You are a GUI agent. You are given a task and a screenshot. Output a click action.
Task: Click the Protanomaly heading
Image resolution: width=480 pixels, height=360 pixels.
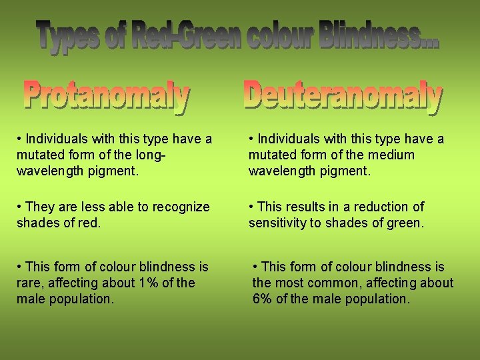107,97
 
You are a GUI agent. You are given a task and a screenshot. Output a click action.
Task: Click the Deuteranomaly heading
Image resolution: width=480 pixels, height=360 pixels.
343,96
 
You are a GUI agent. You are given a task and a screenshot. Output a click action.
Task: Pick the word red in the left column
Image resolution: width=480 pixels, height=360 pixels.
89,223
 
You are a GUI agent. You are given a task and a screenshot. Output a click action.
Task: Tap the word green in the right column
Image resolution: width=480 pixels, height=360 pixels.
403,223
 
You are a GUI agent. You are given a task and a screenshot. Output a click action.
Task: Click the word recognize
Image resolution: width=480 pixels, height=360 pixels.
180,207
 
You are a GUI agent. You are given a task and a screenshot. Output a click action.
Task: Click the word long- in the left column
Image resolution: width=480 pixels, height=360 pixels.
150,155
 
